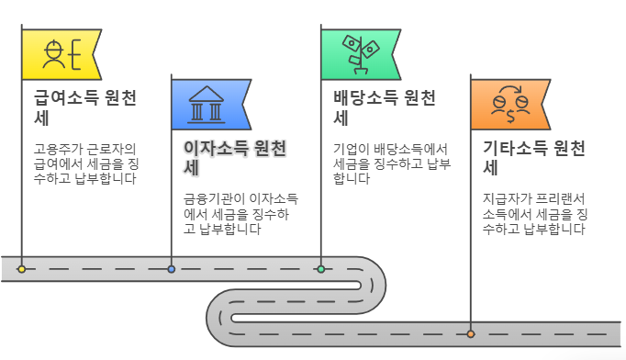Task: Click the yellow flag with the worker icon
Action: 61,54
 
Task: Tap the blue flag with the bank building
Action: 209,105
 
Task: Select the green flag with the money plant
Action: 358,54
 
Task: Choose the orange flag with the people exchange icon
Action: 508,105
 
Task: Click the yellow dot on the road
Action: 21,269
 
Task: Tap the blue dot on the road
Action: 171,269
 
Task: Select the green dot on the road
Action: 320,269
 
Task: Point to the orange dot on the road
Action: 470,333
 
